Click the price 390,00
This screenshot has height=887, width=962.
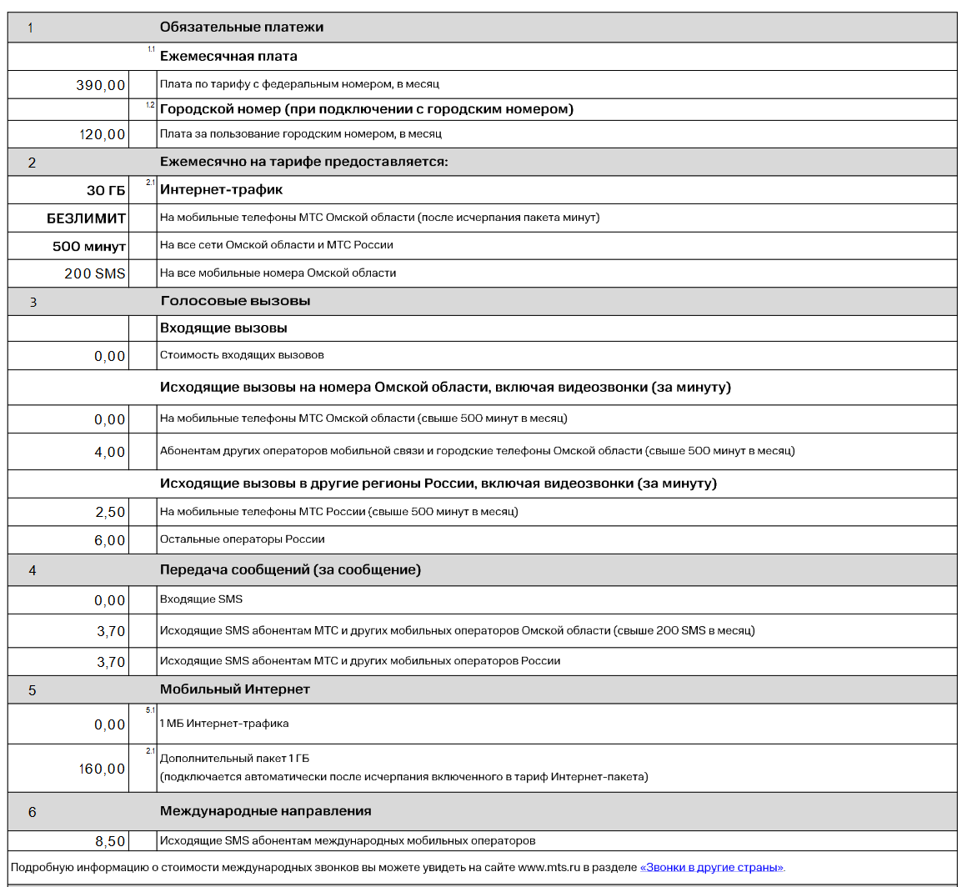[x=100, y=85]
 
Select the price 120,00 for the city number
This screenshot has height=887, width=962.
[x=102, y=134]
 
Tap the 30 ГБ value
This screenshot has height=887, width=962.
[x=106, y=190]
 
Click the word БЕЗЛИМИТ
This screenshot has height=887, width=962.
[x=86, y=218]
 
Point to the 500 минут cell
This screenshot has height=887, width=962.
[x=88, y=246]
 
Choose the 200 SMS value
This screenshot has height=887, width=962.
[x=94, y=273]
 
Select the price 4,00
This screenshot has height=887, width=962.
[x=109, y=452]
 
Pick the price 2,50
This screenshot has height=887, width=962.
[x=109, y=512]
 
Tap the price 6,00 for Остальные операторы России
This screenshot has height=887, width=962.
[x=109, y=540]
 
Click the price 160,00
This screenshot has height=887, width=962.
[x=102, y=769]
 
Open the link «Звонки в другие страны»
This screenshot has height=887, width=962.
[x=712, y=867]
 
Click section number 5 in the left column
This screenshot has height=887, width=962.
[x=33, y=690]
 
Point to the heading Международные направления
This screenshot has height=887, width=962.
[x=265, y=810]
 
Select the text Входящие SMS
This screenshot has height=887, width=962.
[x=201, y=599]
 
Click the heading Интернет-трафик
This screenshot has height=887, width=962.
[x=221, y=190]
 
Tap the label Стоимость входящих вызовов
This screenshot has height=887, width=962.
[x=242, y=355]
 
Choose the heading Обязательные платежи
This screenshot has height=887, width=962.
[x=241, y=27]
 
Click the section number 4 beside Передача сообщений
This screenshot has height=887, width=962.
[x=33, y=571]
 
